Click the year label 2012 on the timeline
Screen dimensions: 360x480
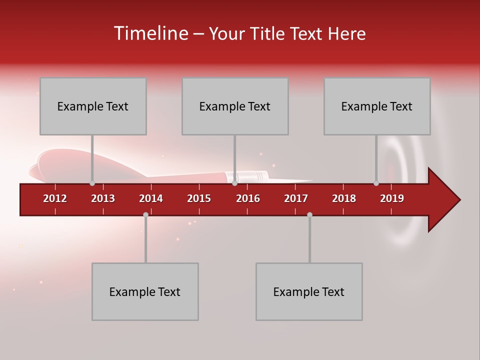pos(55,198)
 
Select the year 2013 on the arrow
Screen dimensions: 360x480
pos(103,198)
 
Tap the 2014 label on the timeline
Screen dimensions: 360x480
pos(151,198)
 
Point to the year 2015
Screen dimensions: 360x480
pos(199,198)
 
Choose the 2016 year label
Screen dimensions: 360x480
pos(248,198)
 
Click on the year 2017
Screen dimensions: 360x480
pos(296,198)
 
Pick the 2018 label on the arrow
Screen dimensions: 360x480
pos(344,198)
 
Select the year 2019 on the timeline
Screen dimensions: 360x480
pos(392,198)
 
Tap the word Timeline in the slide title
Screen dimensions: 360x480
pos(150,33)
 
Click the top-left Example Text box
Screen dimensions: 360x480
pos(93,106)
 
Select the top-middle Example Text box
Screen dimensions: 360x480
pos(235,106)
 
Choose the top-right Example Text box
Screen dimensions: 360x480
pos(377,106)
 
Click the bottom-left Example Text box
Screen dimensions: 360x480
pos(145,291)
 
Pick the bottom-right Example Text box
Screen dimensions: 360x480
pos(309,291)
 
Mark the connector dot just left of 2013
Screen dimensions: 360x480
pos(92,183)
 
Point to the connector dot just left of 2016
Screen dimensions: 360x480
pos(234,183)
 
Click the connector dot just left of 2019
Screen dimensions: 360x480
pos(376,183)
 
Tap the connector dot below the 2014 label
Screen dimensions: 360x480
pos(145,214)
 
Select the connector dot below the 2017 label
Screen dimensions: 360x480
pos(309,214)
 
